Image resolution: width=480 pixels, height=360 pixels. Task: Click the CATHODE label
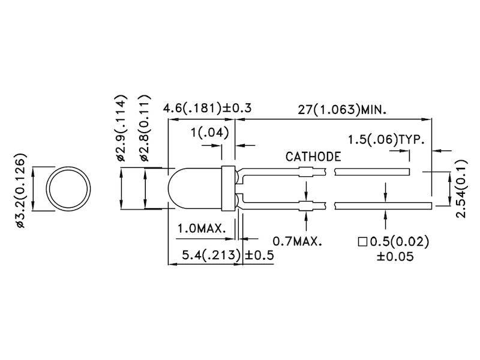(313, 157)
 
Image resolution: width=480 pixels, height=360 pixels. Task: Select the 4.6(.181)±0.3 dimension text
(207, 109)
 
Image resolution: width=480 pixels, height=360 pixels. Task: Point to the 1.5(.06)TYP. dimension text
(387, 140)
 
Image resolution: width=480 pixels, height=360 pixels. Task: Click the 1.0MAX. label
(201, 229)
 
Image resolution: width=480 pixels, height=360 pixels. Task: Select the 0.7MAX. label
(297, 242)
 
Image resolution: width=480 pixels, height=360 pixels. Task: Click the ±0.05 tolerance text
(393, 256)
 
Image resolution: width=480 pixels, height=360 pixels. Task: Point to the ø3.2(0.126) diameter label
(20, 191)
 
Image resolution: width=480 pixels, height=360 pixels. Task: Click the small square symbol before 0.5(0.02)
(362, 242)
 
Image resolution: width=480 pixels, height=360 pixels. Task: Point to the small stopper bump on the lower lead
(307, 206)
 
